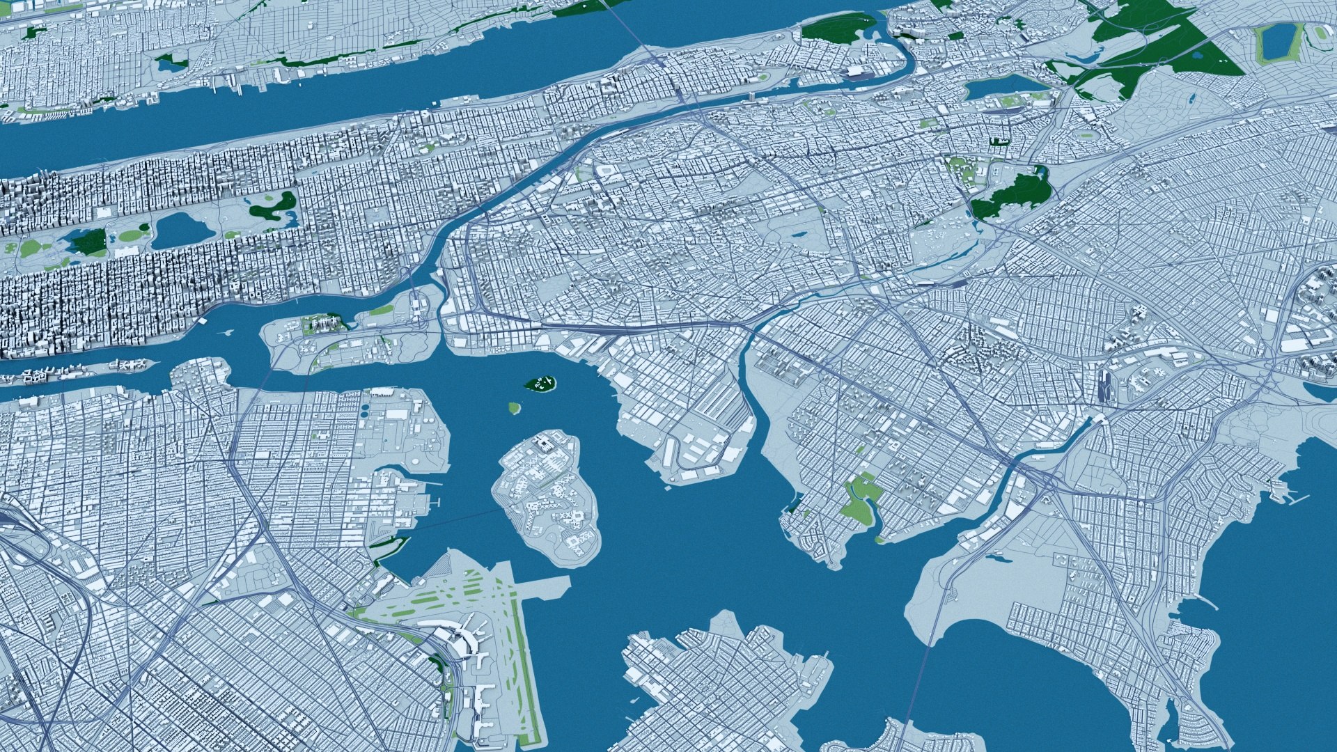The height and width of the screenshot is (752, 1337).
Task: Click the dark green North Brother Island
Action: click(540, 382)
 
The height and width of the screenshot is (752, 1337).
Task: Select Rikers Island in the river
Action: click(546, 498)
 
